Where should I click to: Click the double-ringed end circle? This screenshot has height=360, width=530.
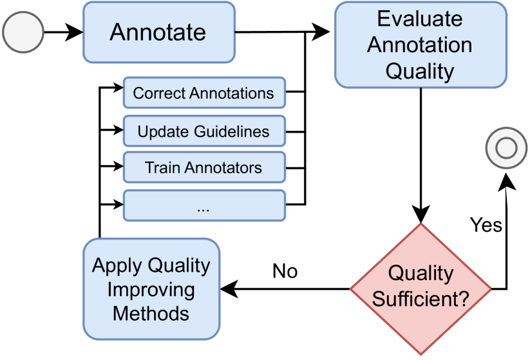(506, 148)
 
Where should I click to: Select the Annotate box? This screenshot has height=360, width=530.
(158, 32)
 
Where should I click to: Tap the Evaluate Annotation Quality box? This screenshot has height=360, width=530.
(420, 45)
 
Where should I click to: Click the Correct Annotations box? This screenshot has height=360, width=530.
(203, 93)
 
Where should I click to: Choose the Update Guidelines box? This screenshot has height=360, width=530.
(203, 132)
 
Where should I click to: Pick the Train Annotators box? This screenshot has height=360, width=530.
(203, 168)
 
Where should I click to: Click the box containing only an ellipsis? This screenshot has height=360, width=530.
(203, 206)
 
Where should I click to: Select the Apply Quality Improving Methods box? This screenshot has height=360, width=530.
(151, 289)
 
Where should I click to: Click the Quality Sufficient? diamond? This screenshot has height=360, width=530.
(421, 287)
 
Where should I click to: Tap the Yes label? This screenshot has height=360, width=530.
(486, 225)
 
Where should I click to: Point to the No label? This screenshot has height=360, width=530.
(285, 271)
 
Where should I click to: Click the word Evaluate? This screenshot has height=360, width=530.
(420, 19)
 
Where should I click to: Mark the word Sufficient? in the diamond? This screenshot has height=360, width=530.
(421, 299)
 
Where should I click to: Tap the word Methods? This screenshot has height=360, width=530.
(151, 314)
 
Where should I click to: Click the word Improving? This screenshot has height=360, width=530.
(151, 289)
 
